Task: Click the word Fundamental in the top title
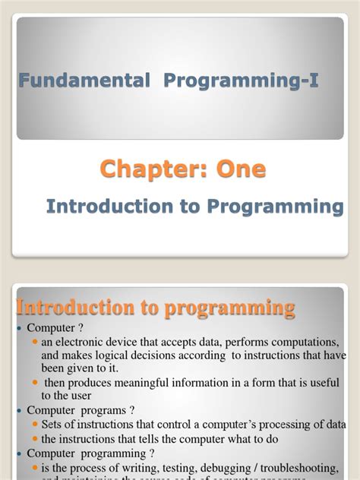tap(64, 81)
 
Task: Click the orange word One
tap(239, 169)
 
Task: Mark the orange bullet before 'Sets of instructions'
tap(34, 423)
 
